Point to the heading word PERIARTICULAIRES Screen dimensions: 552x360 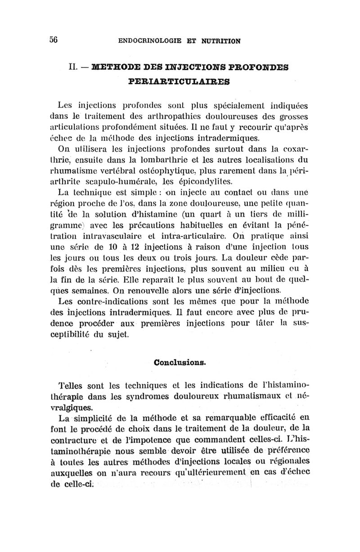click(x=179, y=82)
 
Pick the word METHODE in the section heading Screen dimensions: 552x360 click(x=115, y=67)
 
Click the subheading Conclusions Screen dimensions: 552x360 click(x=180, y=362)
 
